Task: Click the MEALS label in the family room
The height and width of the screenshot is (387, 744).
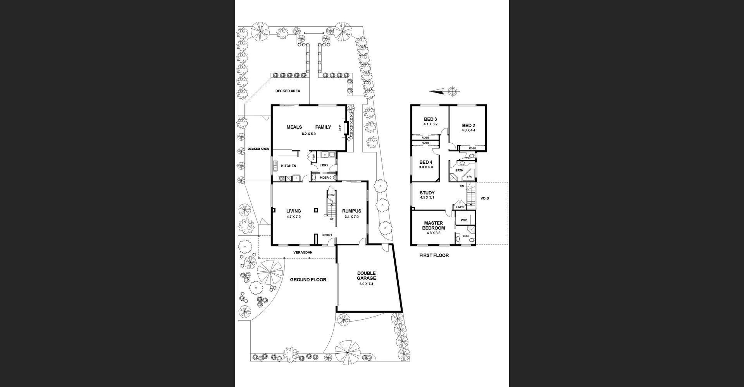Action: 294,127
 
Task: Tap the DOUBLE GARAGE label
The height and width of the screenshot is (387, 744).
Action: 366,276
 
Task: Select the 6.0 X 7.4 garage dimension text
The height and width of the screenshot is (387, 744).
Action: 366,284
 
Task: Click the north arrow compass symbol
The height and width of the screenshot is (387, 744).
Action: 452,91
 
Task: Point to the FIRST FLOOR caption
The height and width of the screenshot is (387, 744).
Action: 434,255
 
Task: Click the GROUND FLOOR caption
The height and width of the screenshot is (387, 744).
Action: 308,279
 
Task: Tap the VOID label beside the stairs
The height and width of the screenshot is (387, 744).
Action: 485,199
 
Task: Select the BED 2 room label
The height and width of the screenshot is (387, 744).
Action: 468,125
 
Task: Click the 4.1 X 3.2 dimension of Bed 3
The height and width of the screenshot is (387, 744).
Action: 430,124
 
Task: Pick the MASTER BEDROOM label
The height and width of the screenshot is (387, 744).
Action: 433,226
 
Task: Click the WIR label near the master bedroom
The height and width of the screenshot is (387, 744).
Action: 463,220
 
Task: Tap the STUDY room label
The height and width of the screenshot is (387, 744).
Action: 427,193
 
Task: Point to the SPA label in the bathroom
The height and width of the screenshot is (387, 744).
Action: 469,177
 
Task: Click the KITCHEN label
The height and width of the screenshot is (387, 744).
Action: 288,166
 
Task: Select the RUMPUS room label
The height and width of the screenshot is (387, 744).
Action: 351,211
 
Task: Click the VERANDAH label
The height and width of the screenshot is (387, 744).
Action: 303,252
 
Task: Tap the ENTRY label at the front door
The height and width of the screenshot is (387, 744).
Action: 327,235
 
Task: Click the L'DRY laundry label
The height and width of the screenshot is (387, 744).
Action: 324,165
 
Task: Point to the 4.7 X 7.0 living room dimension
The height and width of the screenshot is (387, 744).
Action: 293,217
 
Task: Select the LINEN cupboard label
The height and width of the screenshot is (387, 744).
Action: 460,207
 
